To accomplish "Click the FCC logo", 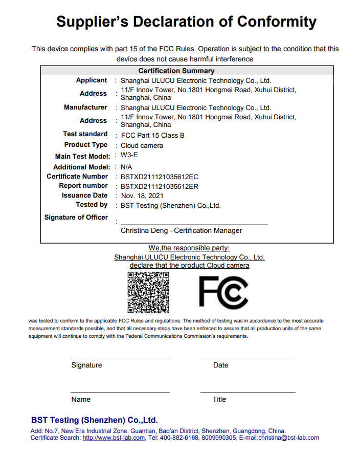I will click(223, 292).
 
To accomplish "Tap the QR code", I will click(148, 292).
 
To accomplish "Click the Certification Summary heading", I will click(176, 71).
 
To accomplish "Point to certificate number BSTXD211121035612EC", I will click(159, 177).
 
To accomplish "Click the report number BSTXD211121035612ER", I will click(159, 186).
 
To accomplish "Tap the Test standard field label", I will click(85, 134).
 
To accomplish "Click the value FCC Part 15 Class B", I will click(152, 136).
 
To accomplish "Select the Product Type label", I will click(86, 145).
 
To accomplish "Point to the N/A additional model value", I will click(126, 167).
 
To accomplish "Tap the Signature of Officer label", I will click(76, 218).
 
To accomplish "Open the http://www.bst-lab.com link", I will click(114, 438).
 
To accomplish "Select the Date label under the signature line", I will click(221, 365).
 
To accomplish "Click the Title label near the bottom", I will click(219, 399).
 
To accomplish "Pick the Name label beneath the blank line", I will click(81, 399).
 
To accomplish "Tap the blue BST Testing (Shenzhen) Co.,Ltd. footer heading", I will click(95, 420).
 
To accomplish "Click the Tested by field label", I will click(92, 205).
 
